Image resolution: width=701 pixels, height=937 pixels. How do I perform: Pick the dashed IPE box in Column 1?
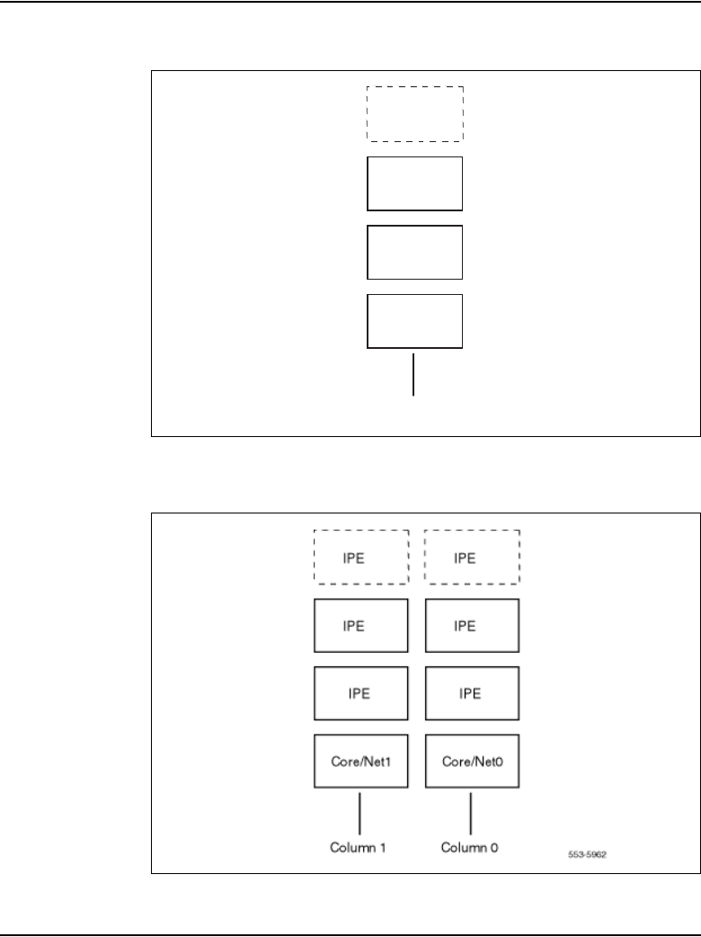pos(360,557)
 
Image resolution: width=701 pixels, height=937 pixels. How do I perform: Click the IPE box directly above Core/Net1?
pos(360,693)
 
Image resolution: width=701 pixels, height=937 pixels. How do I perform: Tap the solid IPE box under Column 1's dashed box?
pos(360,625)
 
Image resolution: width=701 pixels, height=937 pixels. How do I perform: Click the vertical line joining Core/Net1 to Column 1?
pos(359,811)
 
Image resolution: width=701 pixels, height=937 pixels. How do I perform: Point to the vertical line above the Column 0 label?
pos(471,811)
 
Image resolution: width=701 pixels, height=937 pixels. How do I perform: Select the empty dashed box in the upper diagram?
pos(414,114)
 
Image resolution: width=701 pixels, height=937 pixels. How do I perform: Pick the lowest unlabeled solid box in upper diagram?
pos(414,321)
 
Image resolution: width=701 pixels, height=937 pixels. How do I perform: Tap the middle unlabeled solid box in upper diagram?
pos(414,253)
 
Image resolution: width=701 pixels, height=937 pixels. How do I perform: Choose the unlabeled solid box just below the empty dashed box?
pos(414,183)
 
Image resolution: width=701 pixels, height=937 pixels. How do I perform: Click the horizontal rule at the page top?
pos(350,2)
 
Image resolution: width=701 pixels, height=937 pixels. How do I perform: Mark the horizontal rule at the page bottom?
pos(350,934)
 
